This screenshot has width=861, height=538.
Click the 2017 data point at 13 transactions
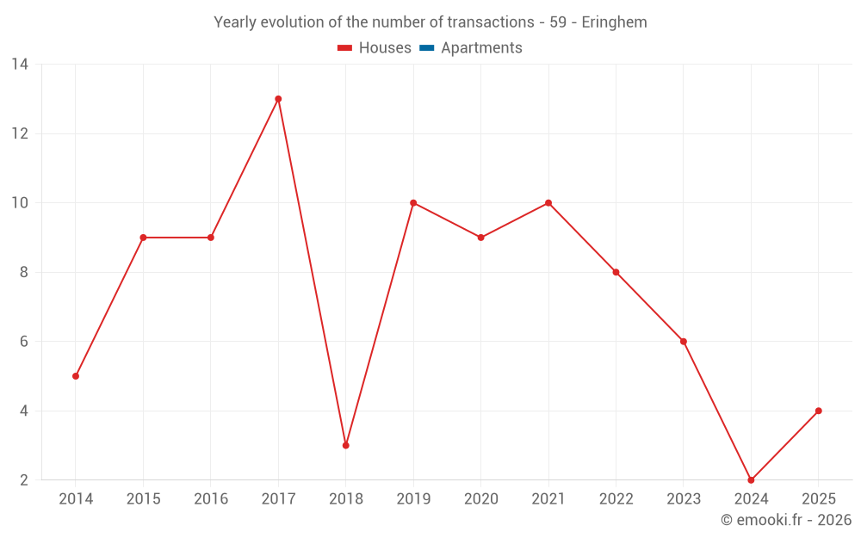click(x=278, y=99)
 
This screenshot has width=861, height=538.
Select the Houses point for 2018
click(x=345, y=445)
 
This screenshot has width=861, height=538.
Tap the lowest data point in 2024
click(x=751, y=479)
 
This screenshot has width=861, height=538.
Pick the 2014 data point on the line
click(x=76, y=376)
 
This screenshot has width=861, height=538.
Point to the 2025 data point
click(x=818, y=411)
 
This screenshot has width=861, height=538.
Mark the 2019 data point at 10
click(x=413, y=203)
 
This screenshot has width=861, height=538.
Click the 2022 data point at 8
click(x=616, y=272)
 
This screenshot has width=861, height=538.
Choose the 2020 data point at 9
click(x=480, y=238)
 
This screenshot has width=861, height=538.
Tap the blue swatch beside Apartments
click(x=426, y=48)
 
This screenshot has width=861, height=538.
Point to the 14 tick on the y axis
click(x=20, y=65)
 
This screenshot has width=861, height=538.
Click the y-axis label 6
click(x=23, y=342)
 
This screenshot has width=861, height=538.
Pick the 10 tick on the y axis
click(x=20, y=203)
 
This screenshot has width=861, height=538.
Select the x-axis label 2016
click(x=211, y=499)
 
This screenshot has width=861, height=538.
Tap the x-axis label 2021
click(x=548, y=499)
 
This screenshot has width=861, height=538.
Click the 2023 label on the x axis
click(x=684, y=499)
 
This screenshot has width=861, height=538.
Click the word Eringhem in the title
click(x=614, y=22)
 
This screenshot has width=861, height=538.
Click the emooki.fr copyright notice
click(x=785, y=520)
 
